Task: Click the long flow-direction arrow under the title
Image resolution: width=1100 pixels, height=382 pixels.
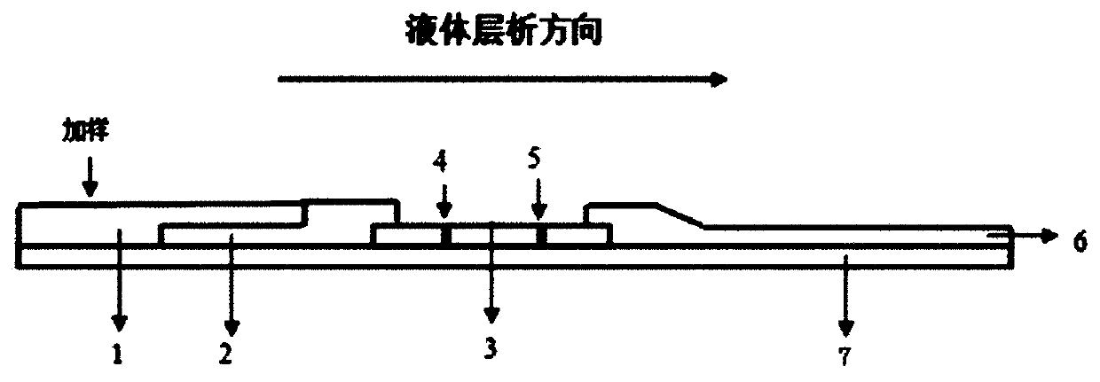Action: [x=502, y=80]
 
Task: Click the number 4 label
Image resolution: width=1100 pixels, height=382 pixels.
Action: [x=441, y=162]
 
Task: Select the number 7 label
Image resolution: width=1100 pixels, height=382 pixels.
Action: [x=845, y=356]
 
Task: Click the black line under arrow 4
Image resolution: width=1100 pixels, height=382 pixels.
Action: [x=446, y=237]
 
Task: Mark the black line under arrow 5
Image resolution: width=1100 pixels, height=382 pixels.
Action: [x=539, y=237]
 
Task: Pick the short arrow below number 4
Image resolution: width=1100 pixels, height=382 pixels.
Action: [x=444, y=204]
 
